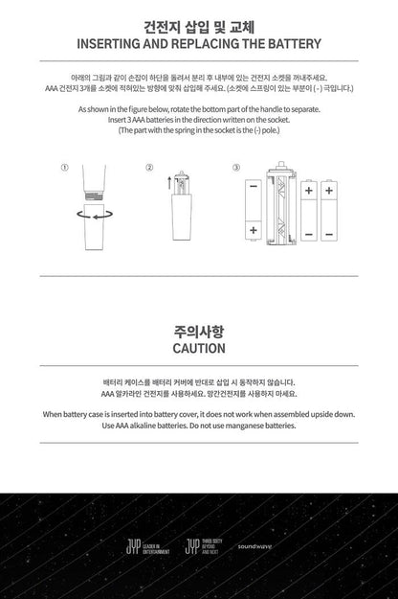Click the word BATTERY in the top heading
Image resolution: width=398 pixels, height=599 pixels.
[x=292, y=43]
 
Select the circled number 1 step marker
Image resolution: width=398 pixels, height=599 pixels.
[x=64, y=167]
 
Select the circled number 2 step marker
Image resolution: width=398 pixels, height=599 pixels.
[x=150, y=167]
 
